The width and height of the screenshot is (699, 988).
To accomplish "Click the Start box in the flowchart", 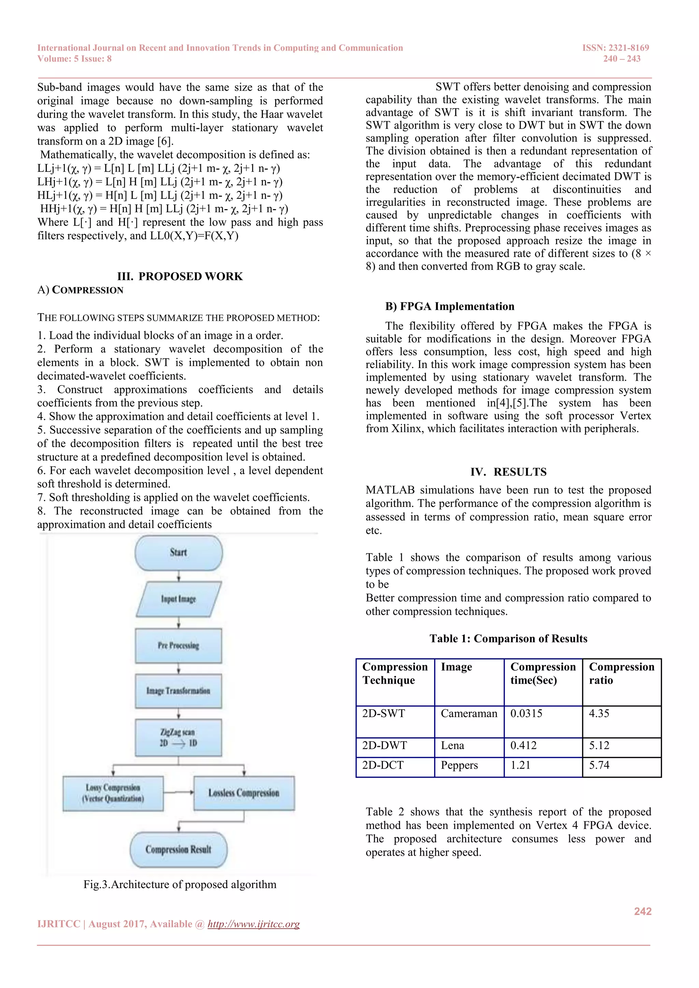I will pyautogui.click(x=179, y=553).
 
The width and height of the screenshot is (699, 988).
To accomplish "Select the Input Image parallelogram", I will pyautogui.click(x=179, y=599).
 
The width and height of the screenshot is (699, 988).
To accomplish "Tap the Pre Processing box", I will pyautogui.click(x=179, y=645).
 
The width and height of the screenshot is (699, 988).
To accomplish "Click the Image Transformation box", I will pyautogui.click(x=179, y=691).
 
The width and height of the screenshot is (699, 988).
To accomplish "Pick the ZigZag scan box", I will pyautogui.click(x=179, y=738).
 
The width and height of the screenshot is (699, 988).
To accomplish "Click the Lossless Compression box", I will pyautogui.click(x=244, y=793).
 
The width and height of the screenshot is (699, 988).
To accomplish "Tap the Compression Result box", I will pyautogui.click(x=179, y=849).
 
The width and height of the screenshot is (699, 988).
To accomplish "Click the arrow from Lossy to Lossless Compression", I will pyautogui.click(x=179, y=792).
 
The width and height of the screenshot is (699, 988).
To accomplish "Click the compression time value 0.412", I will pyautogui.click(x=523, y=746).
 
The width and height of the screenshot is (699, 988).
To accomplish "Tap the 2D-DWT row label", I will pyautogui.click(x=384, y=746).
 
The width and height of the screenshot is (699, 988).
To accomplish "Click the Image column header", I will pyautogui.click(x=457, y=667).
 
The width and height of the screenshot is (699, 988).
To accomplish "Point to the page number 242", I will pyautogui.click(x=643, y=911).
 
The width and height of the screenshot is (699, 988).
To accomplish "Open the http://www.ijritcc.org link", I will pyautogui.click(x=254, y=924).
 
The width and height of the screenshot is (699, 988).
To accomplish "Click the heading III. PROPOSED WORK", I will pyautogui.click(x=180, y=276).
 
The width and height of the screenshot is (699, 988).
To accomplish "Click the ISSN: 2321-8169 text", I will pyautogui.click(x=615, y=48).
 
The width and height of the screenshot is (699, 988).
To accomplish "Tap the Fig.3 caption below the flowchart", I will pyautogui.click(x=180, y=885).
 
